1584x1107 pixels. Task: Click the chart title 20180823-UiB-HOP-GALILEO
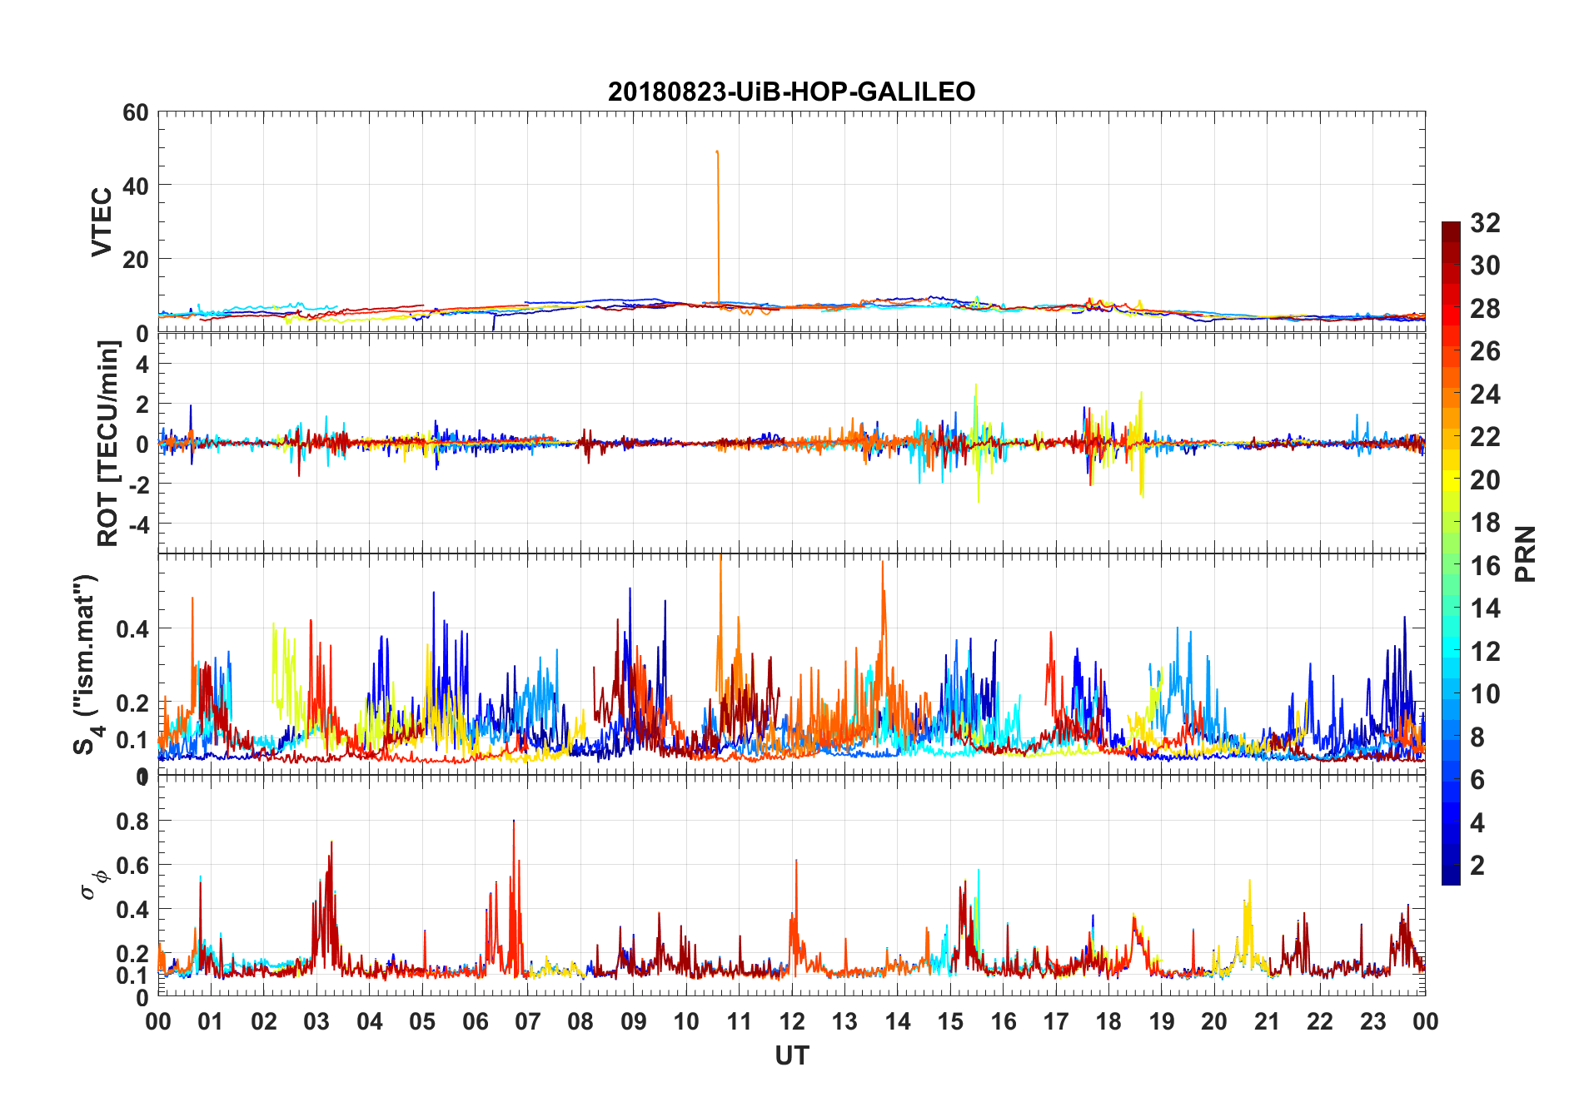791,92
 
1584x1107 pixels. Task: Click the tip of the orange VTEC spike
716,151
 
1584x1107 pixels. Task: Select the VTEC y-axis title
102,222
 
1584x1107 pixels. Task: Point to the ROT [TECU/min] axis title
108,443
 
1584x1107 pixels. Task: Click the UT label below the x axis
791,1056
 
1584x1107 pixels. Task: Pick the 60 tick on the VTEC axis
136,112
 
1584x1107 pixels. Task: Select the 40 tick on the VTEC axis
136,186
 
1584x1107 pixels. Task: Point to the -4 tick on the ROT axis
137,524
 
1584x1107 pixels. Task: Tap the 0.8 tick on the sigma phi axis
132,822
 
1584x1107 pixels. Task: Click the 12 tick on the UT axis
792,1022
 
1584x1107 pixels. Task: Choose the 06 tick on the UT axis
475,1022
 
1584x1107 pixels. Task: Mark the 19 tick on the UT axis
1162,1022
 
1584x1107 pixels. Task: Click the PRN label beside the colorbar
1526,553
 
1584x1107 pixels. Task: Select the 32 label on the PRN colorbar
1485,223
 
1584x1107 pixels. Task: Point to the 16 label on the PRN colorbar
1485,566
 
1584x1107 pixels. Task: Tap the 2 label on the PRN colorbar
1477,866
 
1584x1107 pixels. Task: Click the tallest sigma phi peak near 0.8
513,822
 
